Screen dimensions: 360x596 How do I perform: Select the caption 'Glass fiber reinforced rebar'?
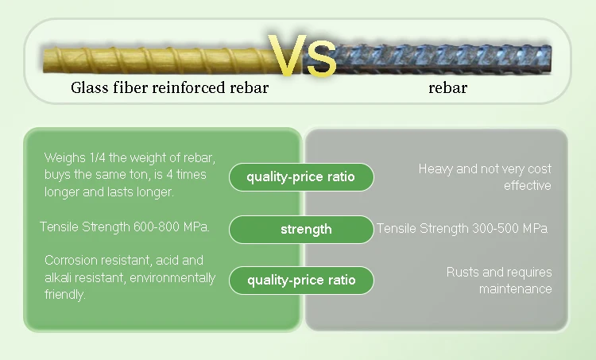[169, 88]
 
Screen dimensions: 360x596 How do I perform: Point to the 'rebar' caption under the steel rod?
[447, 88]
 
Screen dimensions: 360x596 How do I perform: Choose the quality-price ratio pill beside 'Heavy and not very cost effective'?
[300, 177]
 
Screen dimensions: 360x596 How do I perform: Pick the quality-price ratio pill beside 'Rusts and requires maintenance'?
[300, 280]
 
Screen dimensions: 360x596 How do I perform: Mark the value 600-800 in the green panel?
[151, 226]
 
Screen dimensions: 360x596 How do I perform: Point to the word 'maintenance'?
[515, 289]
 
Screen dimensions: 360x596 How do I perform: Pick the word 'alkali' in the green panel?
[60, 277]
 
